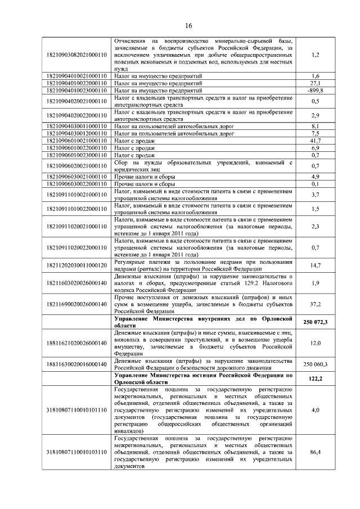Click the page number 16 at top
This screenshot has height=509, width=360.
tap(189, 26)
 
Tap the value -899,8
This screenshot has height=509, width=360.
tap(315, 90)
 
